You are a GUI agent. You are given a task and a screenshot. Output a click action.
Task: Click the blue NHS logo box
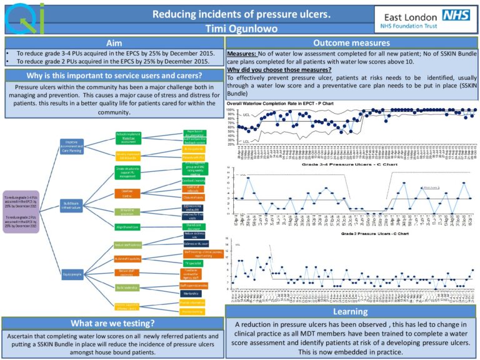456,16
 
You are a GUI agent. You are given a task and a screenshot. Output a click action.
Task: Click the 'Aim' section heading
114,44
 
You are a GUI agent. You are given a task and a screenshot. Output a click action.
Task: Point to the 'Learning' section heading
350,311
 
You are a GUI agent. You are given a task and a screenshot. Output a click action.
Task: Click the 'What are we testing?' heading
113,323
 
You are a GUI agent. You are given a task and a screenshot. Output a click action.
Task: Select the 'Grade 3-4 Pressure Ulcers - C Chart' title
351,164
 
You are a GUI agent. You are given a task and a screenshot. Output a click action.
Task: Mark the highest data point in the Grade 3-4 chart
247,178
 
